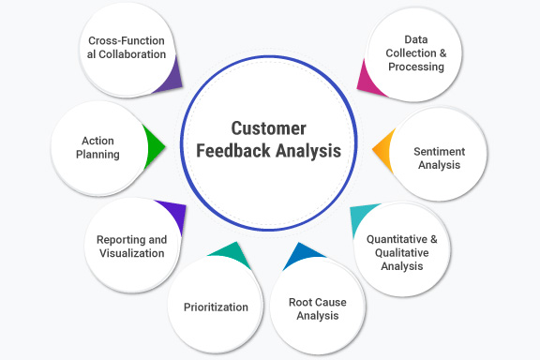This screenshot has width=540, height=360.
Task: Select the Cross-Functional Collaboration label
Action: coord(127,48)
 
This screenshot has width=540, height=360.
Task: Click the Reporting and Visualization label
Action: coord(131,247)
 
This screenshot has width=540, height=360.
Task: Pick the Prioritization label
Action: coord(215,307)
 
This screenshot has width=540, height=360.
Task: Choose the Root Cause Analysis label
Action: coord(313,308)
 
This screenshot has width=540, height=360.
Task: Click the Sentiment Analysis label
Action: coord(439,157)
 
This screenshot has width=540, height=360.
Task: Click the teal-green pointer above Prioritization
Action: coord(228,251)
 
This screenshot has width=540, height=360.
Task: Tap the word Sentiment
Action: coord(439,151)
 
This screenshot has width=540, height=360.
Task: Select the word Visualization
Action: coord(131,253)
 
